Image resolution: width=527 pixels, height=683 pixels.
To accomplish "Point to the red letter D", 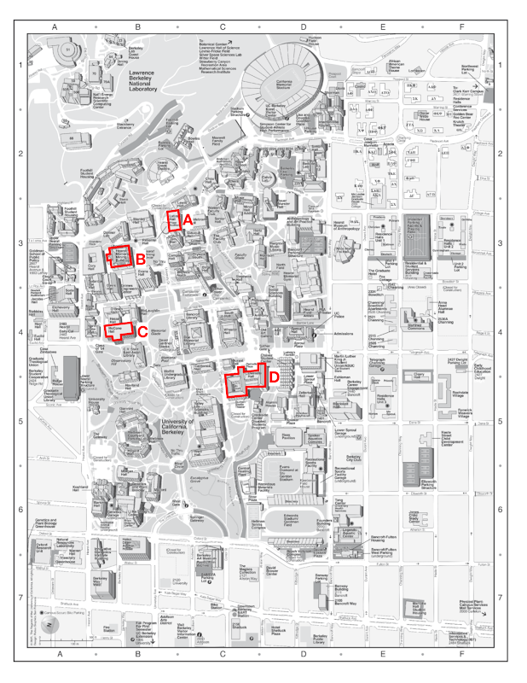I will coord(274,375).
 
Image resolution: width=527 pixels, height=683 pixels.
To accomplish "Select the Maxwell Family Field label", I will coord(218,140).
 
